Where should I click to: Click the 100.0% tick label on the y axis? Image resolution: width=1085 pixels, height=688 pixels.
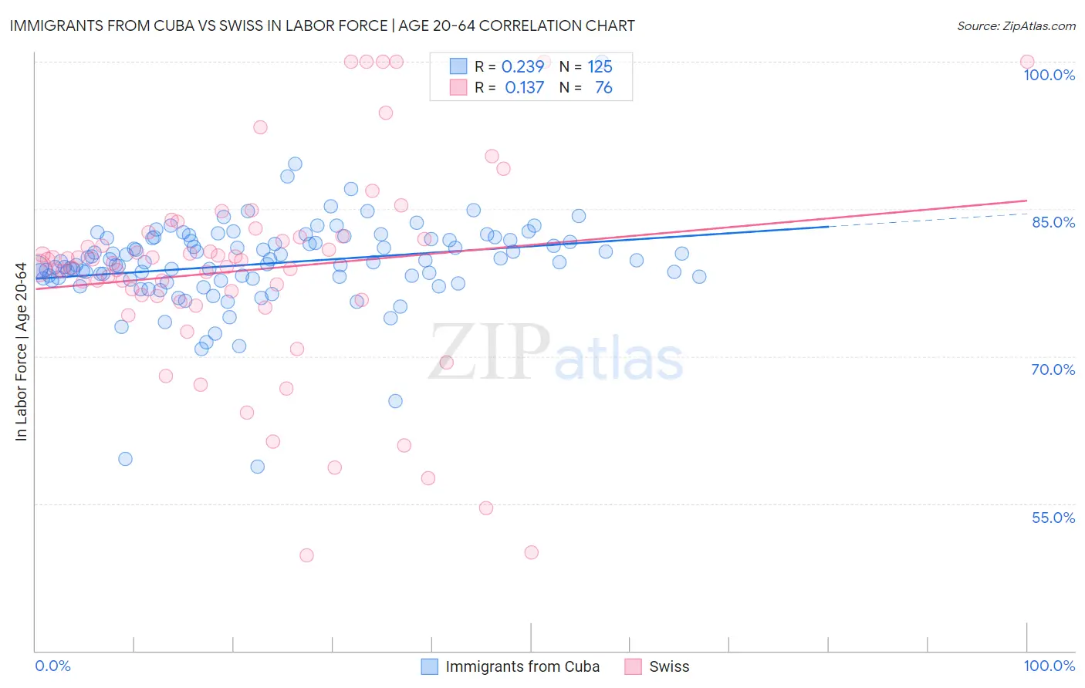(x=1049, y=75)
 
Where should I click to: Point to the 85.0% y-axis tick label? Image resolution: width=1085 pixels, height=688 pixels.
(x=1053, y=222)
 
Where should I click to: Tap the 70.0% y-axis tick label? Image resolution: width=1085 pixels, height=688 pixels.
(x=1053, y=369)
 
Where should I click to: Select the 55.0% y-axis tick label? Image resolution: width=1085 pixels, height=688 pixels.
(x=1053, y=518)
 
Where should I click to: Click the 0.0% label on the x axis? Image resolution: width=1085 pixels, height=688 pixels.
(x=52, y=666)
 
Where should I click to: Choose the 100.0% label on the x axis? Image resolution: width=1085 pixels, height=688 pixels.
(x=1049, y=666)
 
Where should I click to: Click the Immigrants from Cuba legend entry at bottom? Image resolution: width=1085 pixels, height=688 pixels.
(x=522, y=666)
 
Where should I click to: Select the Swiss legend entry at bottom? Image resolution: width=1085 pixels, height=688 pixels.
(x=668, y=666)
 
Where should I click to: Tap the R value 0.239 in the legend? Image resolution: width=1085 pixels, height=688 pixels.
(x=522, y=66)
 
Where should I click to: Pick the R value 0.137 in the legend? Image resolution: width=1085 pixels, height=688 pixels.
(x=524, y=88)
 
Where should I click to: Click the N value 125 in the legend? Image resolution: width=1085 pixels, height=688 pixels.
(x=600, y=66)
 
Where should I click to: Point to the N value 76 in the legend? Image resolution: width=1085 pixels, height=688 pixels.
(x=603, y=88)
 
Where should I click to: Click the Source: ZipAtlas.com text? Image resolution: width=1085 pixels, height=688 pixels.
(x=1016, y=25)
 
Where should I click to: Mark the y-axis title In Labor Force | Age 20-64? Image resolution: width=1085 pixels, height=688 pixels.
(x=21, y=352)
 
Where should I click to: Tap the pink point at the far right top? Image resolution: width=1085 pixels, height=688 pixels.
(x=1026, y=62)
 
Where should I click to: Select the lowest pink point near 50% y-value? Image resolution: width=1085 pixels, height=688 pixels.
(x=306, y=555)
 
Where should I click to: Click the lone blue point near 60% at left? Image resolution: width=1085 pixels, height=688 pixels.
(x=125, y=459)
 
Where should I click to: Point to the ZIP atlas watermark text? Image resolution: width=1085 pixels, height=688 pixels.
(x=556, y=352)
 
